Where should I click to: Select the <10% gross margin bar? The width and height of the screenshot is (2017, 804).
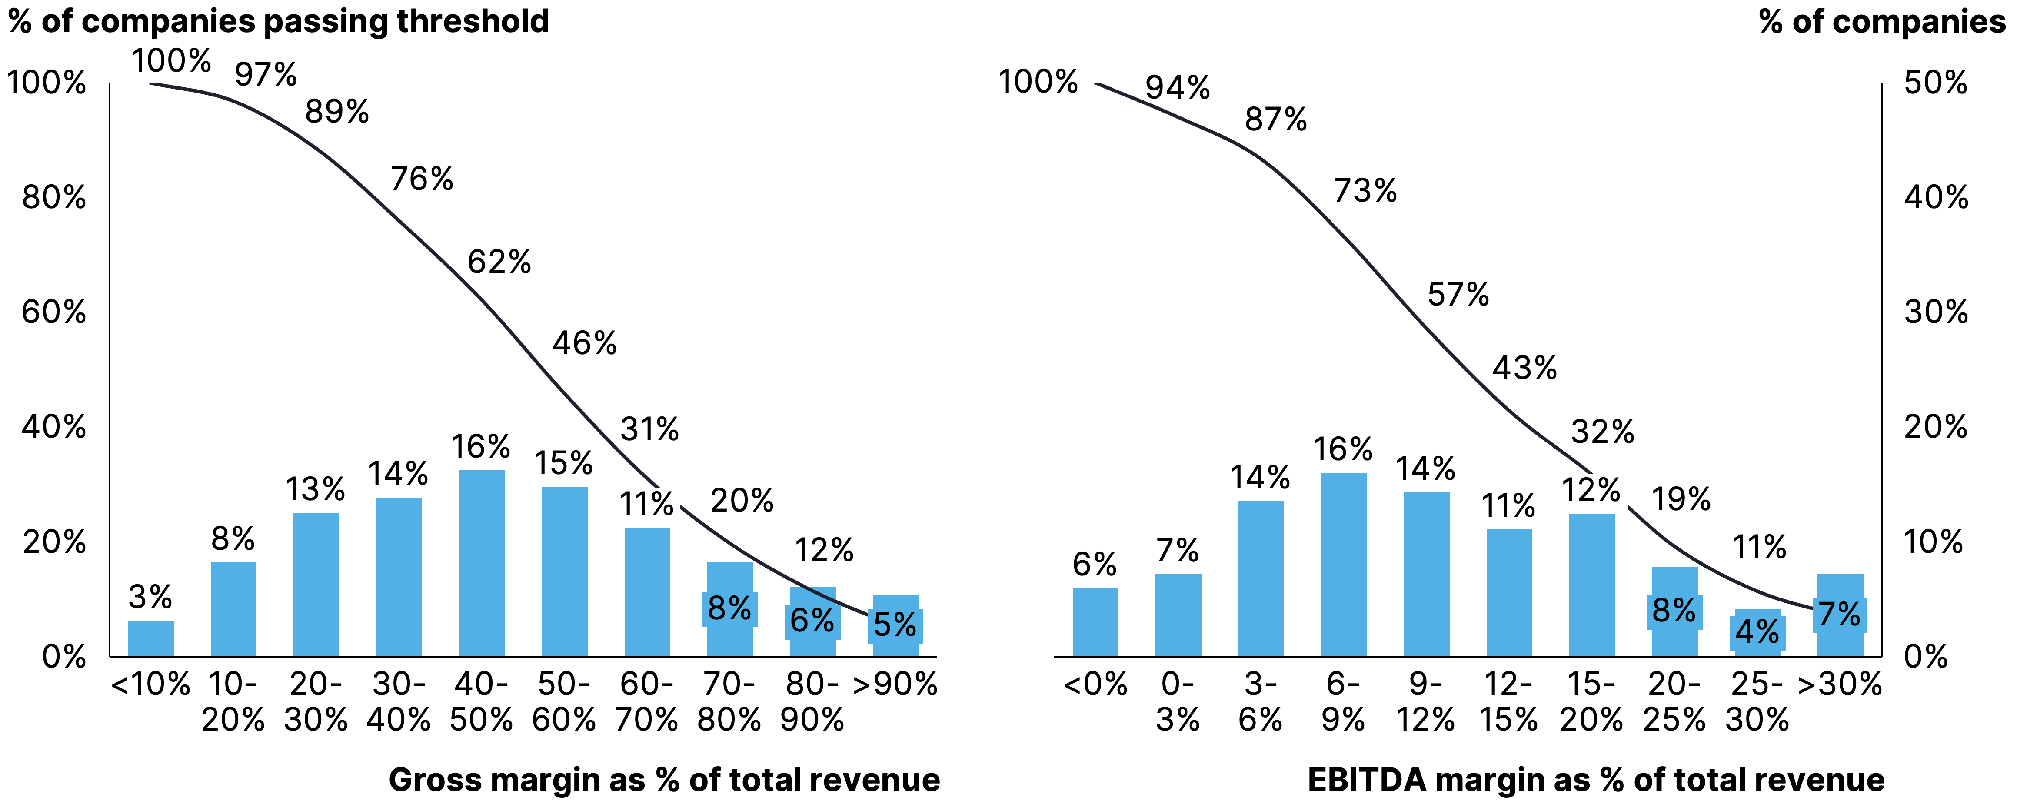[150, 638]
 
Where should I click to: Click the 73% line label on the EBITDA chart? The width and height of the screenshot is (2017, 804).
[1365, 190]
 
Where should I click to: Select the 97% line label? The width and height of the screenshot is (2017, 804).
[266, 74]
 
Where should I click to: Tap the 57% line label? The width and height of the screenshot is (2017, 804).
[1458, 294]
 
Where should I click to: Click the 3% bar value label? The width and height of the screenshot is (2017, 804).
[150, 597]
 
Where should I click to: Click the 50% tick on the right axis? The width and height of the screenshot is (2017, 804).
[1936, 82]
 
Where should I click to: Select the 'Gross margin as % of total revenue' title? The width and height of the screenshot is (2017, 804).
[664, 780]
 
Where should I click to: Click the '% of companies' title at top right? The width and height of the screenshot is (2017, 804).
[1881, 21]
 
